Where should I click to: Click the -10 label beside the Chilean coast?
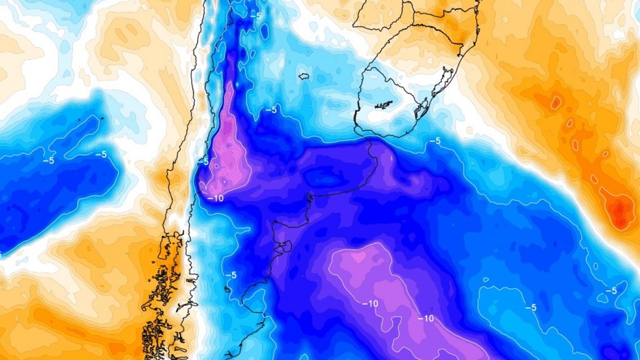click(x=215, y=198)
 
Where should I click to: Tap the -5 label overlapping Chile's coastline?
click(x=202, y=161)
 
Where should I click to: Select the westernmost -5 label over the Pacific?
click(x=47, y=160)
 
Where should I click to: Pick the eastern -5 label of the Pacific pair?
click(x=99, y=154)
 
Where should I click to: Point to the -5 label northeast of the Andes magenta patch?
click(x=271, y=110)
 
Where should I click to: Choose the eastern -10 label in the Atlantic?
click(x=426, y=318)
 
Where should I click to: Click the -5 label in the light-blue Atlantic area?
click(x=531, y=307)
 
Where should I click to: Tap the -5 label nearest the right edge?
click(x=611, y=291)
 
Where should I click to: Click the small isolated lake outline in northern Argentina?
click(x=304, y=76)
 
